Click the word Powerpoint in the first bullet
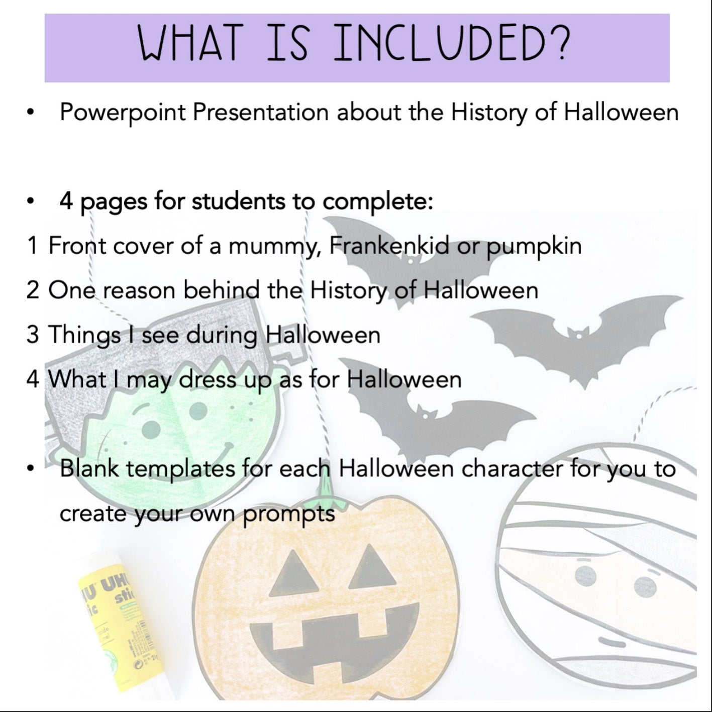coord(122,113)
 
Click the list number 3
coord(33,334)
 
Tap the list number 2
coord(33,290)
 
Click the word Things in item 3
coord(84,336)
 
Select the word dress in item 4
coord(208,379)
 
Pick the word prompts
coord(289,515)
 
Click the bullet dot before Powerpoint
coord(30,113)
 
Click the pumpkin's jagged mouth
coord(334,639)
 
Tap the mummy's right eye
coord(645,587)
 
